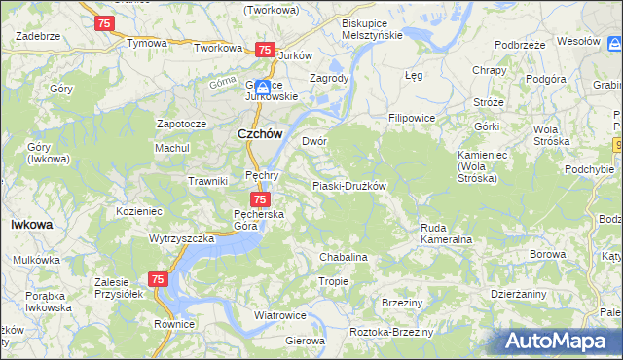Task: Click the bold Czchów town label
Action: coord(260,136)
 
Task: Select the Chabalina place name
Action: coord(344,257)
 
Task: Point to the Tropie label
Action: coord(333,281)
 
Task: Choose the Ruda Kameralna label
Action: coord(446,234)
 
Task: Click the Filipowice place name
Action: coord(412,118)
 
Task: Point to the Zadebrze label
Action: coord(39,35)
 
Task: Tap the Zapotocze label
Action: coord(181,125)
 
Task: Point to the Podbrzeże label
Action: coord(518,45)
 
